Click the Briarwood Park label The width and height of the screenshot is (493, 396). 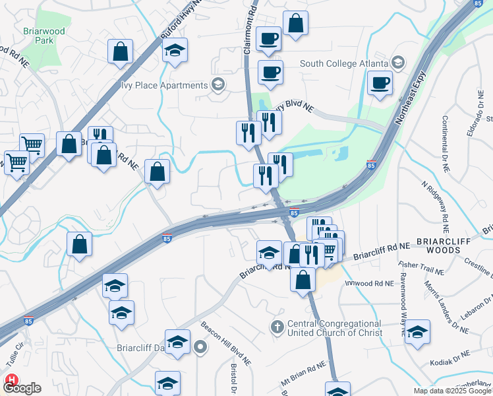43,35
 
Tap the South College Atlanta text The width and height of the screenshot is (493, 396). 342,63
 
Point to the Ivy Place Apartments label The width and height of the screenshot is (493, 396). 164,85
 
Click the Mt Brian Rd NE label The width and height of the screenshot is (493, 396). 303,374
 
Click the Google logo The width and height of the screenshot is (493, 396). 24,388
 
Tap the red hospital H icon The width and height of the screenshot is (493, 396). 11,379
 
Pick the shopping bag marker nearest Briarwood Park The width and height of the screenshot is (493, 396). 121,51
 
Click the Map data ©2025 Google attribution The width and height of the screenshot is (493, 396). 451,391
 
